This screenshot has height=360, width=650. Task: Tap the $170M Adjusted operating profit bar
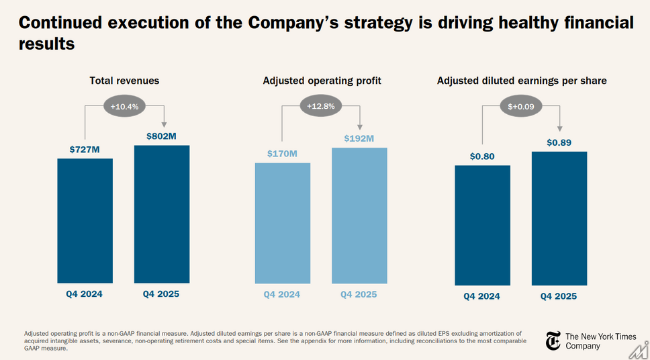pyautogui.click(x=283, y=223)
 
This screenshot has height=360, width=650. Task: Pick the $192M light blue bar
pyautogui.click(x=359, y=215)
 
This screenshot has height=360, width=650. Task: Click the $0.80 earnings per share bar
pyautogui.click(x=482, y=225)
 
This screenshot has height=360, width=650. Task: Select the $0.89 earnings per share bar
pyautogui.click(x=559, y=218)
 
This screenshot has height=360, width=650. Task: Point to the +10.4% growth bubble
pyautogui.click(x=124, y=105)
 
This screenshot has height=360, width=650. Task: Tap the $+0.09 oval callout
pyautogui.click(x=522, y=106)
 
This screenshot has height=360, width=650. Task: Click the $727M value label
pyautogui.click(x=85, y=150)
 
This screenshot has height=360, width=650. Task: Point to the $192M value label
pyautogui.click(x=359, y=138)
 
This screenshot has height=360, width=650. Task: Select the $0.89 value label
pyautogui.click(x=559, y=142)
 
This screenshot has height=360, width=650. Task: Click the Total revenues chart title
pyautogui.click(x=124, y=81)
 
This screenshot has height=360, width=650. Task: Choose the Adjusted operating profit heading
pyautogui.click(x=322, y=81)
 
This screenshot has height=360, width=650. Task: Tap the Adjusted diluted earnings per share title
pyautogui.click(x=522, y=81)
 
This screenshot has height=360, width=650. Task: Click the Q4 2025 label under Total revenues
pyautogui.click(x=161, y=294)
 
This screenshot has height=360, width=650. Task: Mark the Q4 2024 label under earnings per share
pyautogui.click(x=482, y=296)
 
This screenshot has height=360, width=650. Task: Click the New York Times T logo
pyautogui.click(x=553, y=341)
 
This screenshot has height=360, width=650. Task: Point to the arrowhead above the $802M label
pyautogui.click(x=163, y=124)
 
